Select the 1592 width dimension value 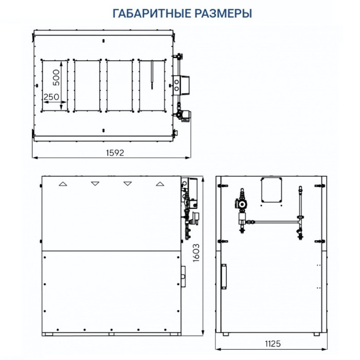(115, 153)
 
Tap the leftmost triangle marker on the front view (62, 183)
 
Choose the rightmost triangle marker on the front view (160, 183)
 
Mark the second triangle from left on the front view (95, 183)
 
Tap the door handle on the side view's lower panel (224, 276)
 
